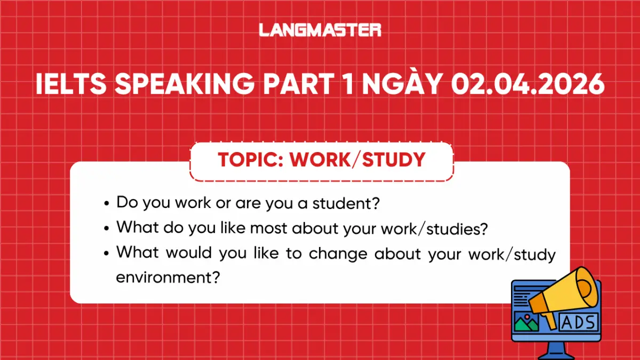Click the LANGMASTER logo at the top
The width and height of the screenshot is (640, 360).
320,30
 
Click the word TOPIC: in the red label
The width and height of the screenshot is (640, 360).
250,159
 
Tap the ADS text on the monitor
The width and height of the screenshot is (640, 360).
579,321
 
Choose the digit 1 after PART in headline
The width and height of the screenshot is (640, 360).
349,85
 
